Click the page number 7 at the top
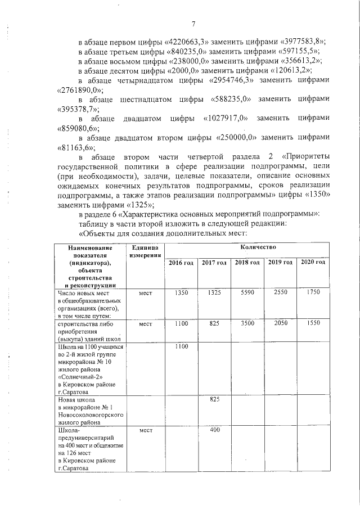[x=193, y=24]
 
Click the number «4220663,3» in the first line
[x=188, y=43]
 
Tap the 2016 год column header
[x=181, y=263]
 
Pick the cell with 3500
[x=247, y=324]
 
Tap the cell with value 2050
[x=280, y=324]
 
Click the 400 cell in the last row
[x=214, y=430]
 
